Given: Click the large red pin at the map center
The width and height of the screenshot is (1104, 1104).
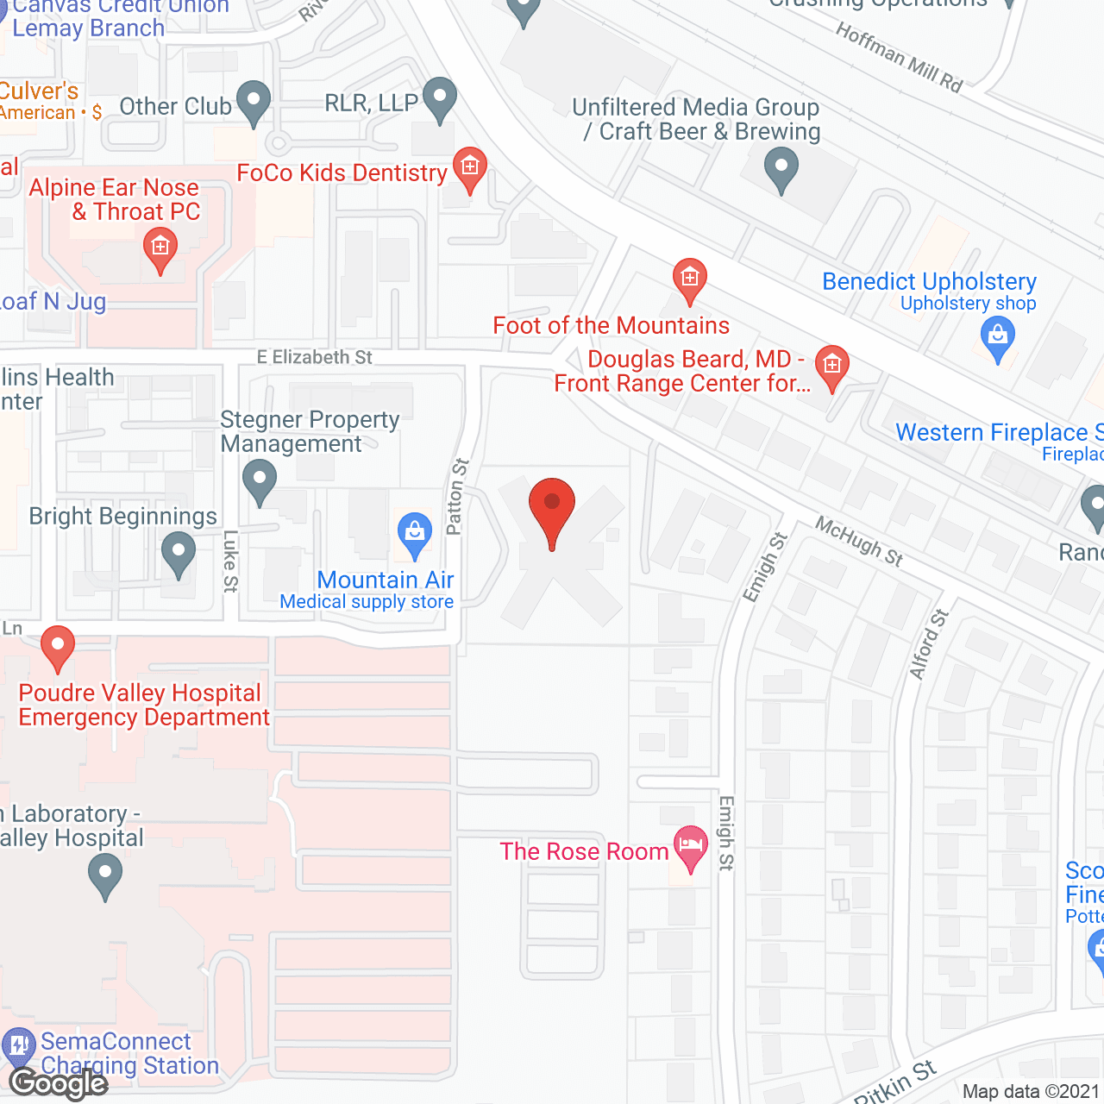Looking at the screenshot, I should (551, 508).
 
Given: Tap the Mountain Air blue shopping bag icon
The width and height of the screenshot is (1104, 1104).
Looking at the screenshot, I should (415, 534).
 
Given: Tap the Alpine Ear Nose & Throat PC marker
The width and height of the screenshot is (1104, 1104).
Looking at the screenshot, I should (160, 250).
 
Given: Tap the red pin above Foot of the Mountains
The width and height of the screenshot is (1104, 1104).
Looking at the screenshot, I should (689, 279).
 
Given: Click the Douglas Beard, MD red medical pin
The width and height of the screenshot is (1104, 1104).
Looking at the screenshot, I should (832, 367).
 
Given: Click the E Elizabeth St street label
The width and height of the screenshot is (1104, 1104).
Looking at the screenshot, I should (315, 357).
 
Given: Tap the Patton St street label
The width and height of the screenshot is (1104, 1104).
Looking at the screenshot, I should (457, 497).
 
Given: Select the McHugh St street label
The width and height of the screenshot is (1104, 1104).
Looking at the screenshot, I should (859, 542).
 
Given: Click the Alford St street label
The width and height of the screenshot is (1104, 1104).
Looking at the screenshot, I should (929, 643).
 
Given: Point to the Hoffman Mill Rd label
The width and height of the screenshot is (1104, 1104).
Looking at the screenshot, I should (899, 57).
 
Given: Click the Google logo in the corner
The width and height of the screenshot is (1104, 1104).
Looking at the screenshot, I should (58, 1082).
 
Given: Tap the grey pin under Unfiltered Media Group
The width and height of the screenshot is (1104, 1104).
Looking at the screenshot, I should (781, 168).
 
